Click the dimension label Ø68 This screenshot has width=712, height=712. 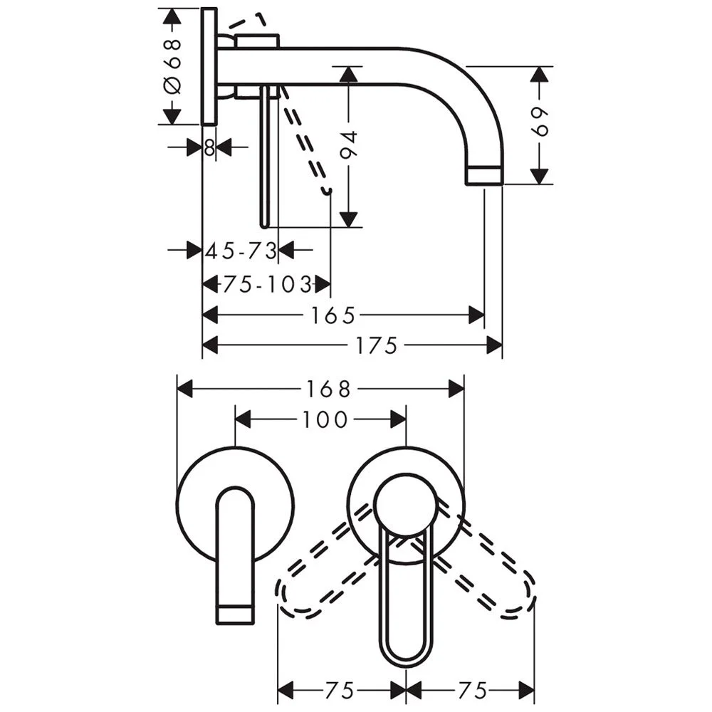pyautogui.click(x=173, y=66)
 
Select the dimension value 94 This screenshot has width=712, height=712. pyautogui.click(x=349, y=147)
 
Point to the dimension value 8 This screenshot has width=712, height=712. pyautogui.click(x=209, y=148)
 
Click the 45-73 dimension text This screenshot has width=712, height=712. pyautogui.click(x=240, y=251)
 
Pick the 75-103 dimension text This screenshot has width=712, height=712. pyautogui.click(x=266, y=285)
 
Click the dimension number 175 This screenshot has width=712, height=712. pyautogui.click(x=377, y=346)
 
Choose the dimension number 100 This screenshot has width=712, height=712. pyautogui.click(x=324, y=419)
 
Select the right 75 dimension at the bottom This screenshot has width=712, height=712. pyautogui.click(x=471, y=690)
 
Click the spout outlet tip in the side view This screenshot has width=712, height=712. pyautogui.click(x=484, y=175)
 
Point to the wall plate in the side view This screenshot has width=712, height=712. pyautogui.click(x=209, y=66)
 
